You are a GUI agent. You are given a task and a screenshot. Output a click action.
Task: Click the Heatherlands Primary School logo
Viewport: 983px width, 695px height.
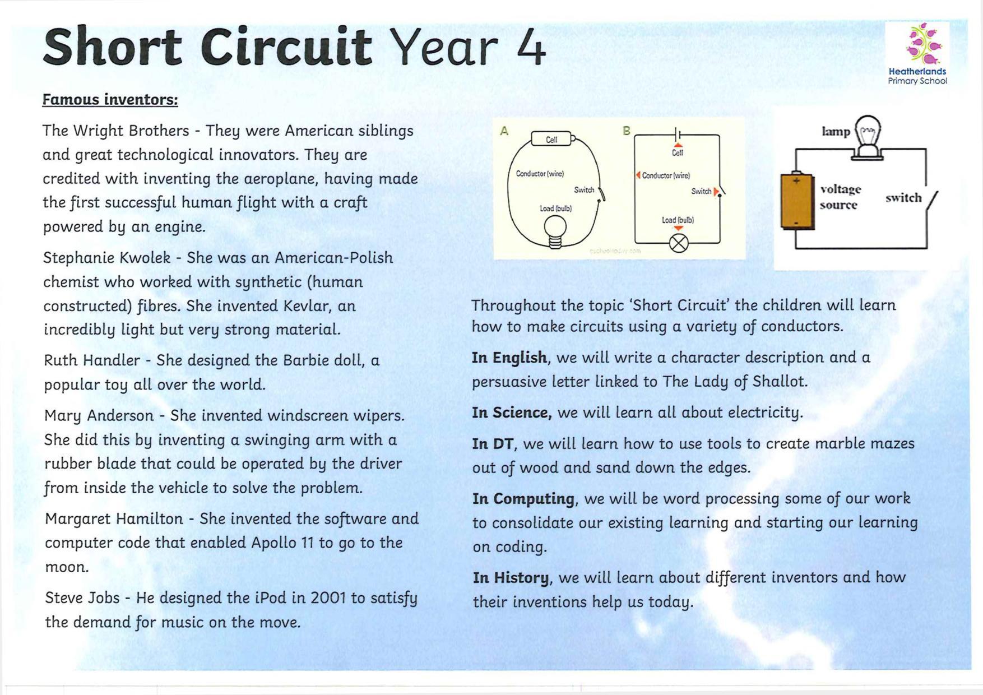click(917, 54)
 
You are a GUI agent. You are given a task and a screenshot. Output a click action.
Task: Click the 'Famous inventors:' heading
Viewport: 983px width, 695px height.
click(110, 100)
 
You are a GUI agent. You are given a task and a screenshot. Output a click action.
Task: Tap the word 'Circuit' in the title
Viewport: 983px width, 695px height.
click(286, 47)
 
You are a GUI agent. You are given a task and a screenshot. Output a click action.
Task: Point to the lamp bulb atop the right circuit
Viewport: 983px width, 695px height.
click(867, 134)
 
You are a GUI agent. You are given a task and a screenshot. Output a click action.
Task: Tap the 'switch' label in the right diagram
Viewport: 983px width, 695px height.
click(903, 198)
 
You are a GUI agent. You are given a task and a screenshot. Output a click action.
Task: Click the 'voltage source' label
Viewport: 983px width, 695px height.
click(840, 197)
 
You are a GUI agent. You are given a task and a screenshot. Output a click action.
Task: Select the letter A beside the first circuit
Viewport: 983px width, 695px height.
click(504, 131)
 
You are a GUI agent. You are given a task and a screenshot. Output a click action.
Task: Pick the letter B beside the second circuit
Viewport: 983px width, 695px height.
click(627, 131)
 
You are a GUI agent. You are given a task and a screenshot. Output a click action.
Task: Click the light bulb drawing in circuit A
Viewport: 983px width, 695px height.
click(555, 230)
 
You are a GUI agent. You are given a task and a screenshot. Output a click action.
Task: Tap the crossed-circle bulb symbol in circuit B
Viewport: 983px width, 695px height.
click(679, 243)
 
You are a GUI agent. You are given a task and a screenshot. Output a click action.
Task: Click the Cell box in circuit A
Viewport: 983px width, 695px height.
click(551, 139)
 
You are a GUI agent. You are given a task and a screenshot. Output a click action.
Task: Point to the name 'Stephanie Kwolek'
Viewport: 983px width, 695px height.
click(106, 258)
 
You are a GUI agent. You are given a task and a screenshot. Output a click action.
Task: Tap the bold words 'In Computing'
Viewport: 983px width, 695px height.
click(523, 499)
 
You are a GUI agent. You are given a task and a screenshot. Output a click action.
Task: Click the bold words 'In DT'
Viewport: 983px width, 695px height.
click(492, 444)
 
